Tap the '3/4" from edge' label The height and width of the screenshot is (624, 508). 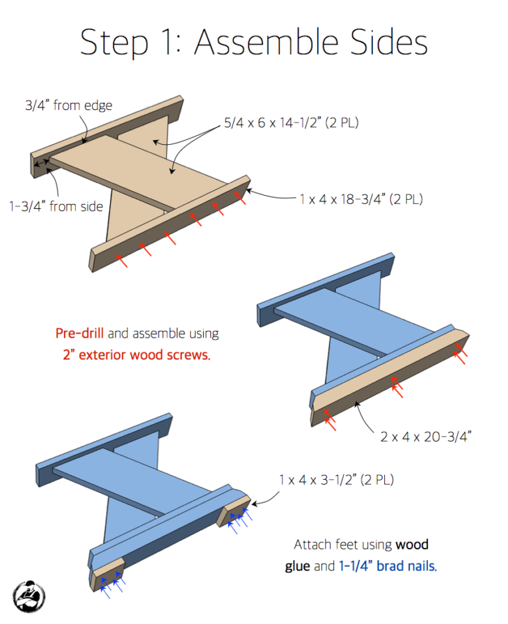click(69, 105)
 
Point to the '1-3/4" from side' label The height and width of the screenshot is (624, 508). click(56, 206)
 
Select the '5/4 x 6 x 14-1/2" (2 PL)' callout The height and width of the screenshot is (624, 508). click(292, 123)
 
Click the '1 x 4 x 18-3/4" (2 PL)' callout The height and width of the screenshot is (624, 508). click(361, 199)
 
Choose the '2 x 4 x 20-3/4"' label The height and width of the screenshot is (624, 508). click(426, 437)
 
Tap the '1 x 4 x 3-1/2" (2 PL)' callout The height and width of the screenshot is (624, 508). click(336, 480)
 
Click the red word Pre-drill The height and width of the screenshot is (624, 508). click(79, 333)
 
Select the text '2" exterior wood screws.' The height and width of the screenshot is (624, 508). click(136, 354)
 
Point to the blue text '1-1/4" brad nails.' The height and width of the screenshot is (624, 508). click(388, 565)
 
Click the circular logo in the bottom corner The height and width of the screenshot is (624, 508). click(29, 597)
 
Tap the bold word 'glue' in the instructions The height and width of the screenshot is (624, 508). click(297, 566)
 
